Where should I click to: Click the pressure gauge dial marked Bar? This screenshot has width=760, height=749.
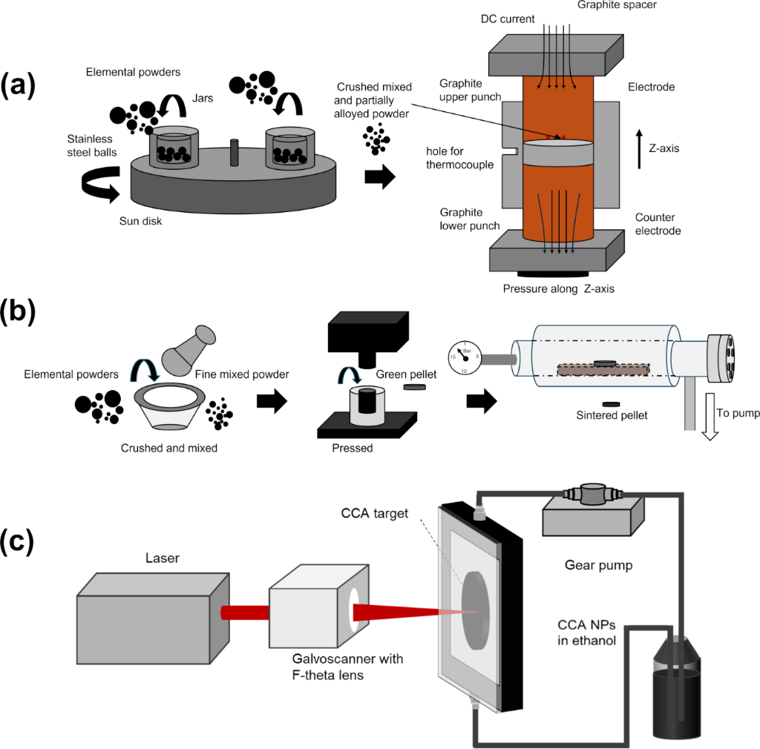click(465, 357)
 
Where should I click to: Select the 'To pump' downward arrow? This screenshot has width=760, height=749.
click(710, 418)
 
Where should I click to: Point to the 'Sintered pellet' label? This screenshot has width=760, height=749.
click(612, 415)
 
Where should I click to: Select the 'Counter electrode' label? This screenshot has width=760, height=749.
click(658, 224)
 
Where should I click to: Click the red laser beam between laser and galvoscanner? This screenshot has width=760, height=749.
click(244, 613)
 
